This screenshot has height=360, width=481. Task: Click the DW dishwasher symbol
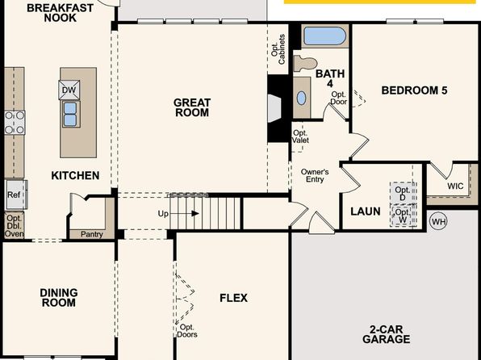point(69,90)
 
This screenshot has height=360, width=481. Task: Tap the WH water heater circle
point(438,221)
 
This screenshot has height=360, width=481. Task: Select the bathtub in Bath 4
point(325,36)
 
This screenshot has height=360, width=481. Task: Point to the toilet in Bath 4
point(305,64)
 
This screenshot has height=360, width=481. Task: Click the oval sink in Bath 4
point(302,98)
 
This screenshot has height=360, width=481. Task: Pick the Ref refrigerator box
point(17,195)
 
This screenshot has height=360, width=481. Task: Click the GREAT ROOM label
point(192,107)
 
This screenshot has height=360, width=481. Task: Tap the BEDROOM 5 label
point(414,90)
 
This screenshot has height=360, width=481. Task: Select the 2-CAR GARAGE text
point(387,334)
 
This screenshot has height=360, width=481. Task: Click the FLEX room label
point(233,298)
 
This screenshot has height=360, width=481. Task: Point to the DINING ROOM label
point(59,298)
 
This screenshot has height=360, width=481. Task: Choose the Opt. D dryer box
point(403,194)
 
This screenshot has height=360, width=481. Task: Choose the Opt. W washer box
point(403,216)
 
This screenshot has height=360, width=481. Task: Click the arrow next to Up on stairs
point(184,213)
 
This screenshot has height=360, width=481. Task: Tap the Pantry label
point(91,234)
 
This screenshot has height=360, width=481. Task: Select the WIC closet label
point(455,186)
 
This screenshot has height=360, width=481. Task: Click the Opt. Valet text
point(300,136)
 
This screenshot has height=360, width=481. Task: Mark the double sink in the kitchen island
point(70,114)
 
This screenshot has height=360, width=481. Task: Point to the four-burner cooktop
point(15,123)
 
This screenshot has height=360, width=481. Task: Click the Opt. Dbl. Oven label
point(14,226)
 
